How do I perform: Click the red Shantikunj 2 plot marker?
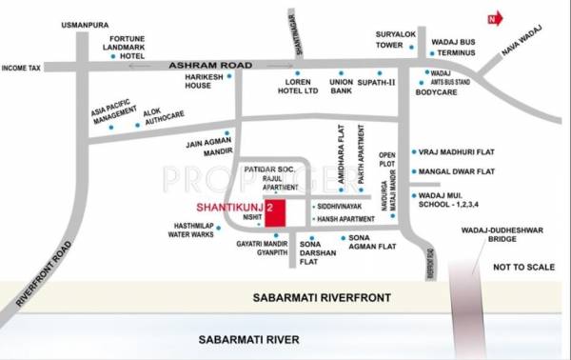275,212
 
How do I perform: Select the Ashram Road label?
209,65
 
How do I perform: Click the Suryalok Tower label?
396,38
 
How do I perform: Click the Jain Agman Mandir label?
202,148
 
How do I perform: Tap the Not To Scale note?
519,270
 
